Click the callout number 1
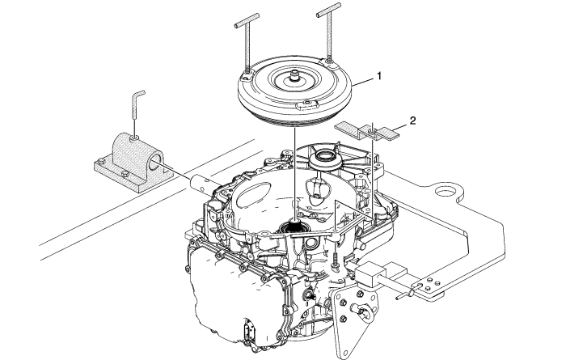379,76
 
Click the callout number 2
412,121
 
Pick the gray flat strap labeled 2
367,131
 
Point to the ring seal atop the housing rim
325,159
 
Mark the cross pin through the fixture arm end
408,294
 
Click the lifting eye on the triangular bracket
362,311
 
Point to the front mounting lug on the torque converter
306,104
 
